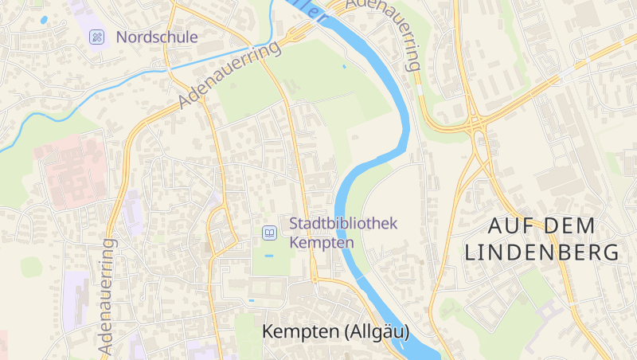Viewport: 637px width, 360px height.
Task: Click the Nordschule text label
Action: (157, 37)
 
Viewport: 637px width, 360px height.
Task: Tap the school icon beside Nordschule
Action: (97, 37)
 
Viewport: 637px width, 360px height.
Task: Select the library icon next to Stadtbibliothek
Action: (270, 233)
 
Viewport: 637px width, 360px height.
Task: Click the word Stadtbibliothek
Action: (342, 225)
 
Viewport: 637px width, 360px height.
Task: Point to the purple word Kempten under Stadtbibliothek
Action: (322, 242)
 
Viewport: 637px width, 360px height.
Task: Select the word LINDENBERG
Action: (541, 252)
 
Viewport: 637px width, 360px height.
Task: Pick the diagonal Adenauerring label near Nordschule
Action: (231, 76)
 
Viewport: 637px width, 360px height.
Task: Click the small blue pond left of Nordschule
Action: (43, 19)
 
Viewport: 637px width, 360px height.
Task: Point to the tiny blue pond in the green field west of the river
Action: (344, 66)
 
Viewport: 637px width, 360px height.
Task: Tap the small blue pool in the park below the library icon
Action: (268, 256)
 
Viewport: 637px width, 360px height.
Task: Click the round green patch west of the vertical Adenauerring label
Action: (31, 267)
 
